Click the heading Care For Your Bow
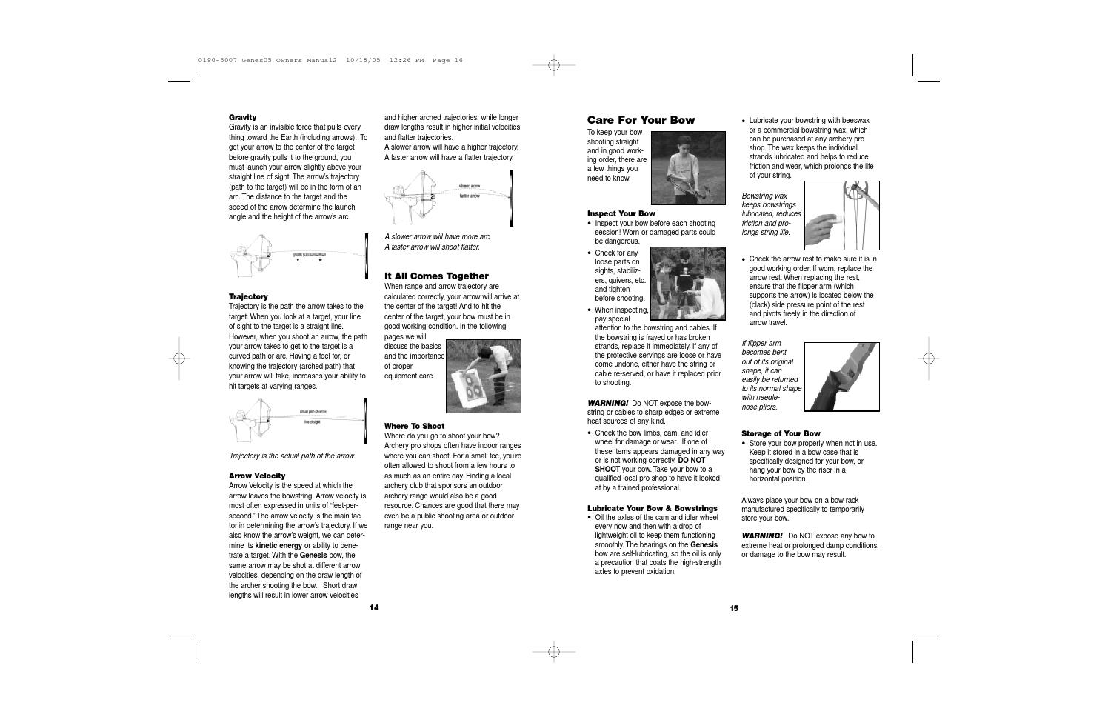641,120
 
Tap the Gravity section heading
242,117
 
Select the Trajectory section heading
248,296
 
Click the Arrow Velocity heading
256,476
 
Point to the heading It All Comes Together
436,276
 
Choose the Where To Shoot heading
414,426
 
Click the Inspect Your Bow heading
621,213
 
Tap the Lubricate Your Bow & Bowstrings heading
652,508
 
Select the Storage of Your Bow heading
781,433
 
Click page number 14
374,607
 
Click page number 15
733,608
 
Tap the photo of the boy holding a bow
688,168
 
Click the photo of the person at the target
483,376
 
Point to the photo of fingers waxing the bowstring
841,216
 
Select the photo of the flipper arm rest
841,376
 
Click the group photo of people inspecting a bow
688,283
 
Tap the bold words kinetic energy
278,545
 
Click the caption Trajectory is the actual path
292,456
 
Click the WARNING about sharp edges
607,403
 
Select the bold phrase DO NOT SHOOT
650,464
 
